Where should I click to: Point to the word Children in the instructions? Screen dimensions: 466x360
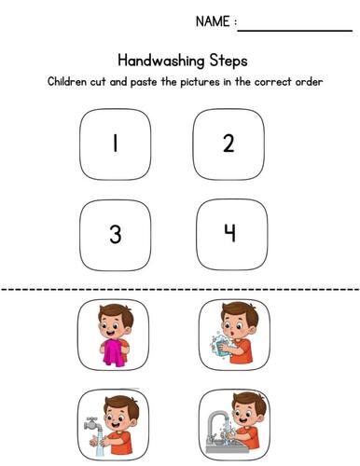coord(71,82)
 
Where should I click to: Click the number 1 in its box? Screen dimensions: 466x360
coord(115,144)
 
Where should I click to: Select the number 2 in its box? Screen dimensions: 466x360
coord(228,144)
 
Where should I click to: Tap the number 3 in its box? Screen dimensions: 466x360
coord(115,234)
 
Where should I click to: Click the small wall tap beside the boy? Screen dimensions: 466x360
coord(90,421)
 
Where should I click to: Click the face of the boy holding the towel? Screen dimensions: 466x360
coord(114,325)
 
